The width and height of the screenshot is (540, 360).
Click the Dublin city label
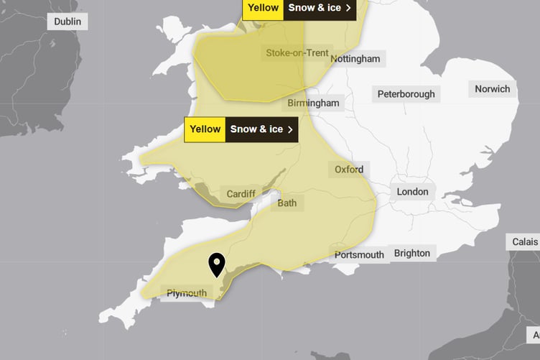[67, 22]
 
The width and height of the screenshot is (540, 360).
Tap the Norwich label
[492, 89]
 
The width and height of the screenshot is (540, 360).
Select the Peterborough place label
[406, 94]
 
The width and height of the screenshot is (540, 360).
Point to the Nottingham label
[355, 59]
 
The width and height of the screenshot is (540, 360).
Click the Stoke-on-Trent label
[297, 53]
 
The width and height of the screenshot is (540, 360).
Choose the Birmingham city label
[313, 103]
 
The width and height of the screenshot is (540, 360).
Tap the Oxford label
[349, 170]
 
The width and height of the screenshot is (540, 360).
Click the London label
[412, 192]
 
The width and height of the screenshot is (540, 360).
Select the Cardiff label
[241, 194]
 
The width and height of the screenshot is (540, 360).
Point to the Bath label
[287, 203]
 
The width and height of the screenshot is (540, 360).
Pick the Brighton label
[412, 253]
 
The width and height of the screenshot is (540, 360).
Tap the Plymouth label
[187, 293]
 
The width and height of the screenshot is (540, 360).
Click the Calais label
[525, 242]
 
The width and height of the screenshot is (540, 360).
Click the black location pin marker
[216, 264]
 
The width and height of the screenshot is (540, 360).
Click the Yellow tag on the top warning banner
[263, 9]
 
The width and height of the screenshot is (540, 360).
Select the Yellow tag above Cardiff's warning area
[205, 129]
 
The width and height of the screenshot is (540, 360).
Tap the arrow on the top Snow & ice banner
[348, 9]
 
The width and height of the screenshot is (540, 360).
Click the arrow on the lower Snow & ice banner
[290, 129]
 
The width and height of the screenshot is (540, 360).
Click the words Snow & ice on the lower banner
[256, 129]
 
